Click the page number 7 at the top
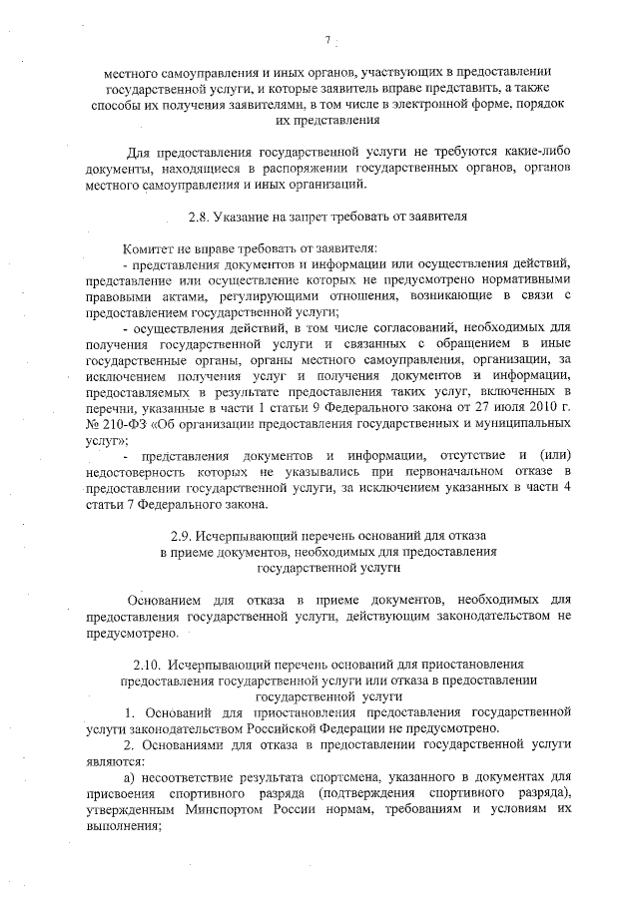tap(326, 41)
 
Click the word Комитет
tap(149, 246)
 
